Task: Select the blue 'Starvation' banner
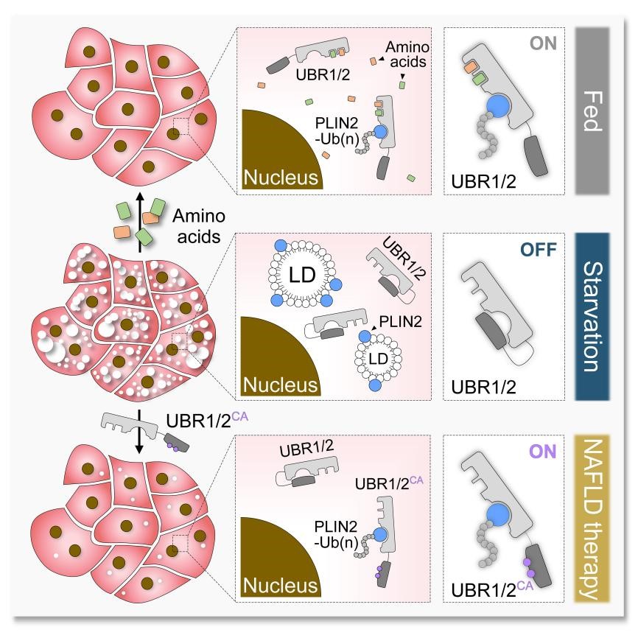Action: (x=587, y=317)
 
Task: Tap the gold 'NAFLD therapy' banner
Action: (x=587, y=519)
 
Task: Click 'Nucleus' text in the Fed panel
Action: (x=282, y=178)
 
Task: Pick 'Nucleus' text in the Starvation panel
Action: (x=282, y=384)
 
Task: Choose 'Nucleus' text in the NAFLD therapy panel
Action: (x=282, y=586)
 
